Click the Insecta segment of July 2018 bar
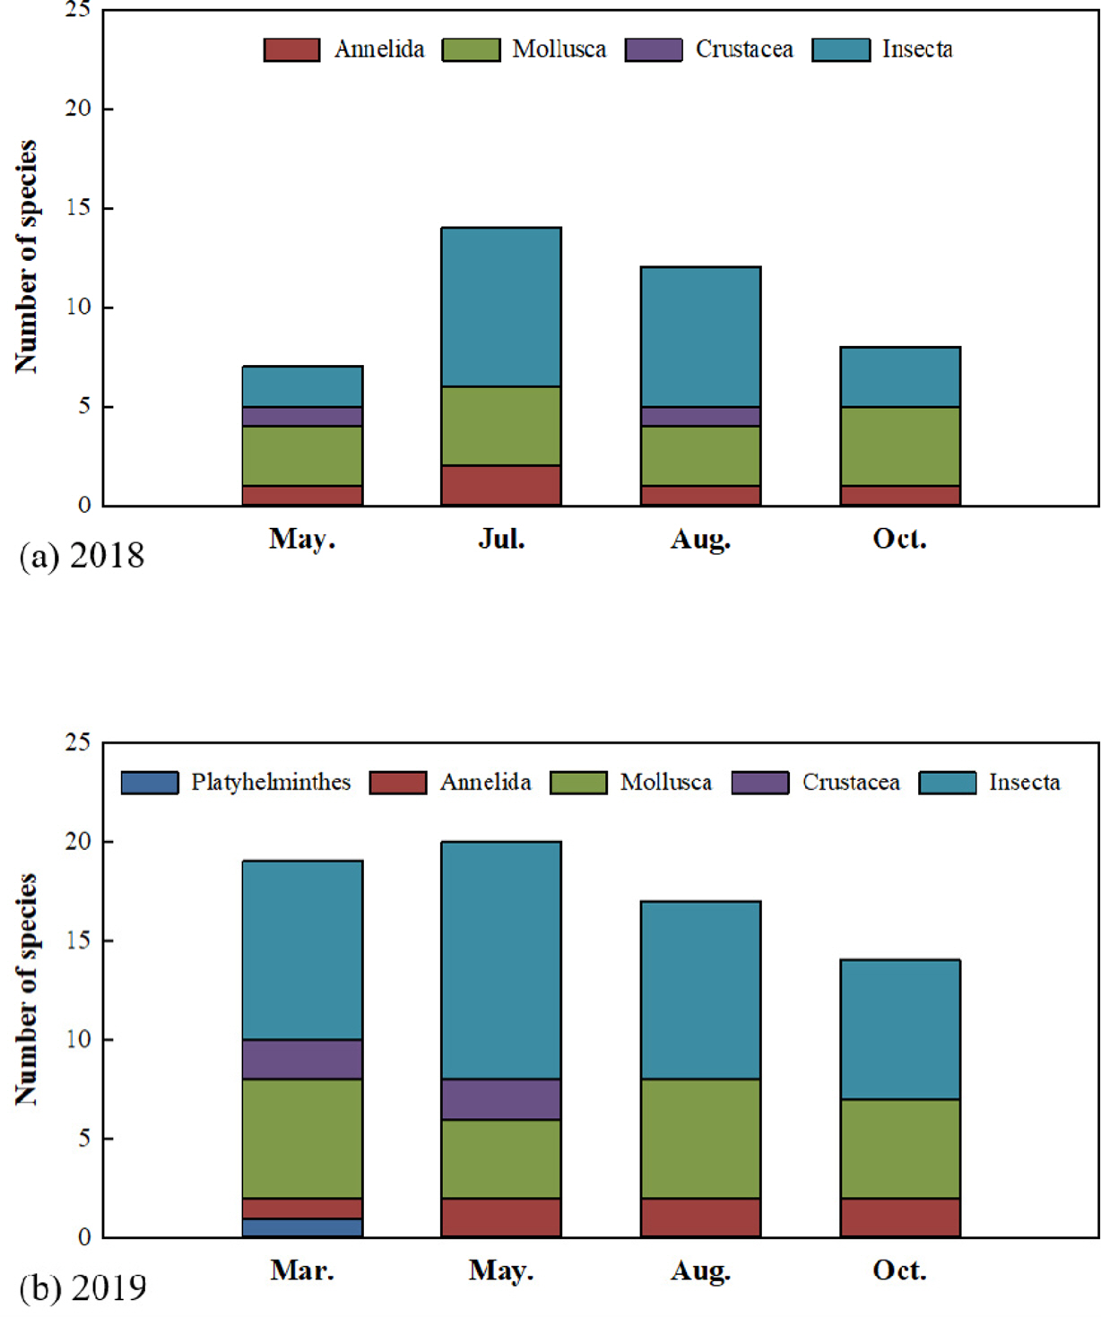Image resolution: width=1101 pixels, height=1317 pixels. (501, 307)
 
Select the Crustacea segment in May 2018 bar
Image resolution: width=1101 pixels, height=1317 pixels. (302, 416)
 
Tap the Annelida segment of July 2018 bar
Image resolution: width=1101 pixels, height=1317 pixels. (501, 485)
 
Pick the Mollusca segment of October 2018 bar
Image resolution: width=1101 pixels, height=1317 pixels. (900, 446)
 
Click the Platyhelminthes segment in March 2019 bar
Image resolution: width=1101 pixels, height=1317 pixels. (302, 1227)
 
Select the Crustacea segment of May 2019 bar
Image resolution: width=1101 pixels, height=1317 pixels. (501, 1098)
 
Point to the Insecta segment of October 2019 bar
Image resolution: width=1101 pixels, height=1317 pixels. (900, 1029)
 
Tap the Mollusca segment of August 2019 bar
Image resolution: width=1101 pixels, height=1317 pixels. (700, 1138)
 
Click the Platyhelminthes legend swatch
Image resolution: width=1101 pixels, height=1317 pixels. (150, 783)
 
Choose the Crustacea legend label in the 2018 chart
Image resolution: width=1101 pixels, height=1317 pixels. (744, 49)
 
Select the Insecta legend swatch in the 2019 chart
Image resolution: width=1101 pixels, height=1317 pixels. (948, 783)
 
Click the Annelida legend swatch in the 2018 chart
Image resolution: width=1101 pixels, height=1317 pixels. (291, 50)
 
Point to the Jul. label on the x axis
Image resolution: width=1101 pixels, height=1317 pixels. (501, 539)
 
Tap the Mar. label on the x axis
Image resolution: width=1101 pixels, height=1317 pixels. (302, 1270)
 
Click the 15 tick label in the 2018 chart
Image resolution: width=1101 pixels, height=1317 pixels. (78, 208)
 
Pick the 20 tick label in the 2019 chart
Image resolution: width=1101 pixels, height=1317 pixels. (78, 841)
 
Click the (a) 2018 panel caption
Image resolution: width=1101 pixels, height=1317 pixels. (82, 556)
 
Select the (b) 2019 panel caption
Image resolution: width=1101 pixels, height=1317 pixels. (82, 1288)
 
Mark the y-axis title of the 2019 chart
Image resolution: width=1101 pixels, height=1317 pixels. (27, 989)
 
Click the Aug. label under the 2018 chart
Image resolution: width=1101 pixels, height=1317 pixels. (700, 539)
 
